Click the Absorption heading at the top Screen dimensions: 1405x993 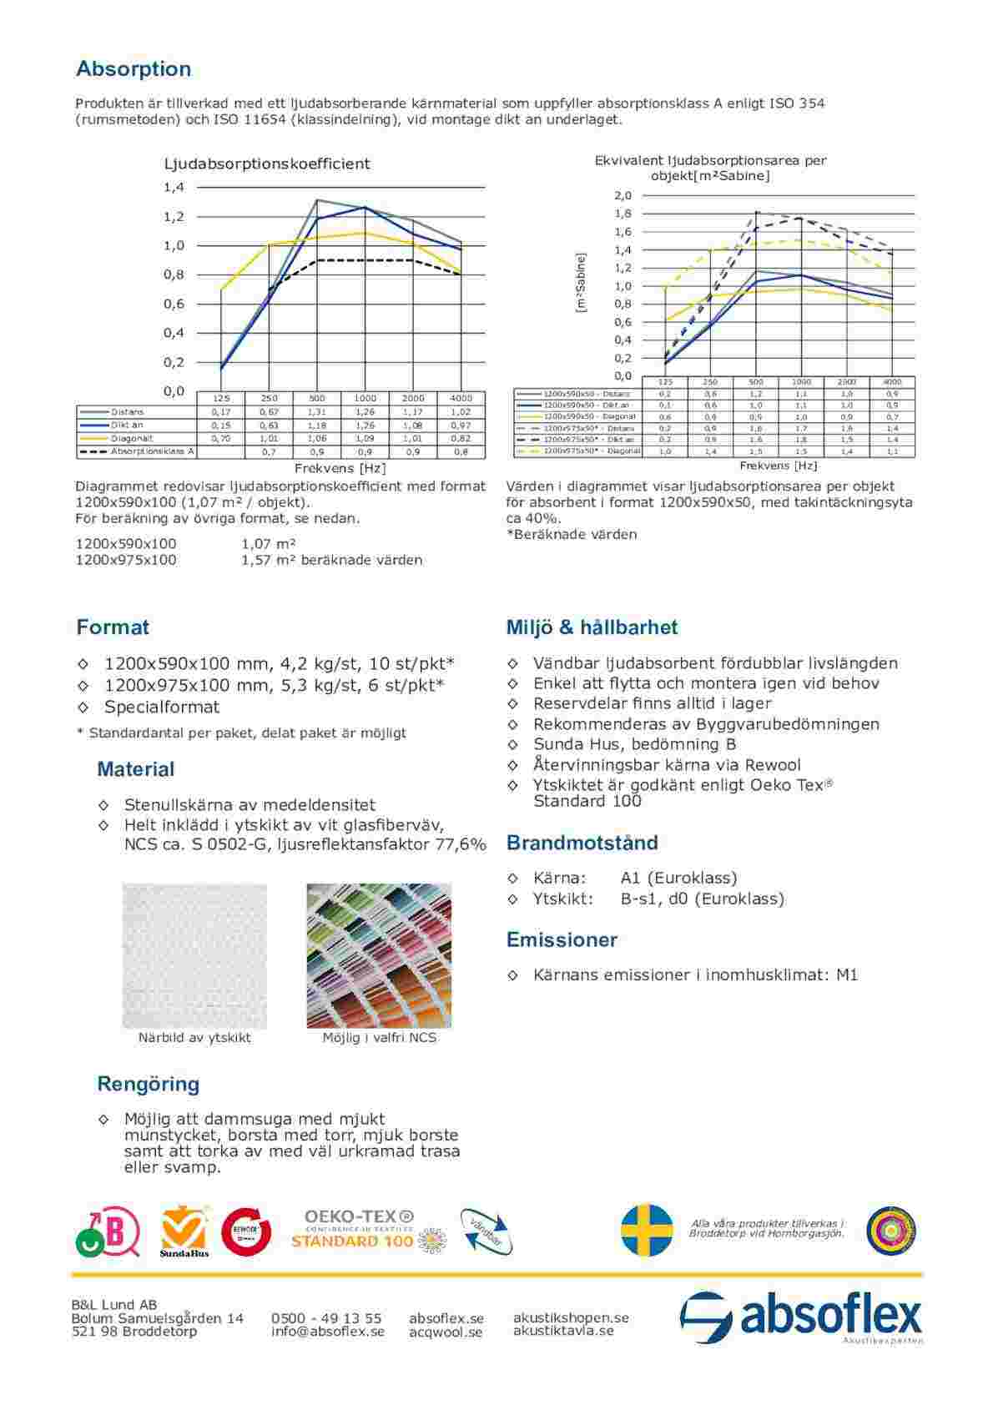pos(134,68)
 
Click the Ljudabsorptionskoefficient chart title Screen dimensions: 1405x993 pos(267,164)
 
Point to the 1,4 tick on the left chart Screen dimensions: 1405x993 pos(174,188)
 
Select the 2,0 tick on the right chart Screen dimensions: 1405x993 pos(623,196)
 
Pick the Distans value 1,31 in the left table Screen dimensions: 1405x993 pos(317,412)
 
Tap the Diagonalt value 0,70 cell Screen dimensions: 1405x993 pos(221,438)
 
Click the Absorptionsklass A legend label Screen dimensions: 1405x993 pos(153,451)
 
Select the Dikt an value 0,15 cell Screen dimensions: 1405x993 pos(221,426)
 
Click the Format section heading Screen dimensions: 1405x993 pos(113,627)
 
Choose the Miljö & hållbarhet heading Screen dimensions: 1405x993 pos(592,627)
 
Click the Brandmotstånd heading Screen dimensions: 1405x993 pos(582,843)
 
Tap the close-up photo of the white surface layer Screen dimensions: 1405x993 pos(194,956)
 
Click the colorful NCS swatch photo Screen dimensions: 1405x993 pos(379,956)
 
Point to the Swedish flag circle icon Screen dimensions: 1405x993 pos(647,1229)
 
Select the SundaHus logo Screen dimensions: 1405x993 pos(184,1231)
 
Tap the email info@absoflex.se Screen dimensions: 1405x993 pos(328,1332)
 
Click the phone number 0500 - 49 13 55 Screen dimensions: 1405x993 pos(326,1318)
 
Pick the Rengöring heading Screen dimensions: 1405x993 pos(149,1085)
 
